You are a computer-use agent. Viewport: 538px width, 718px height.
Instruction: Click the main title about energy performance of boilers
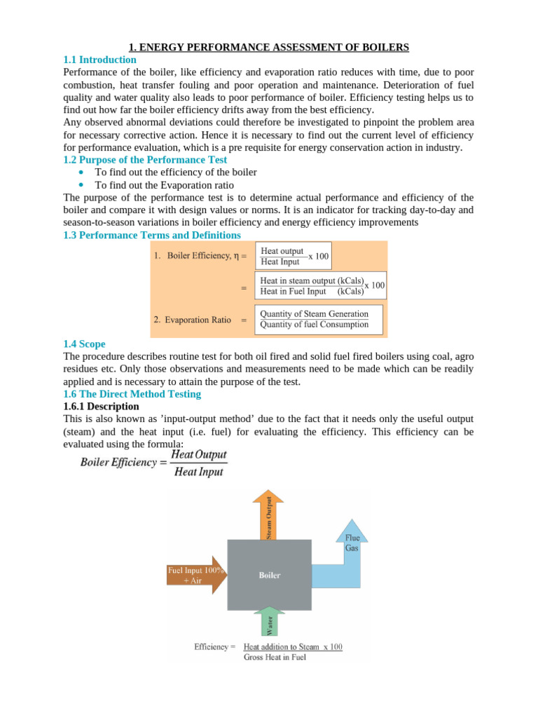(268, 47)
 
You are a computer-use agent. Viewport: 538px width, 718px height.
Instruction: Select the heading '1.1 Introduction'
(99, 60)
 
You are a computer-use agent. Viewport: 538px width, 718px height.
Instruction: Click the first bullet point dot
(83, 172)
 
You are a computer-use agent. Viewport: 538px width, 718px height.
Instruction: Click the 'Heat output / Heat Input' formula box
(294, 256)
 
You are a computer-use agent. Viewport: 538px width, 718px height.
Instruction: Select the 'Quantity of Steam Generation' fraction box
(314, 319)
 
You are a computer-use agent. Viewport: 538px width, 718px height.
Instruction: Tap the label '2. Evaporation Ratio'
(192, 320)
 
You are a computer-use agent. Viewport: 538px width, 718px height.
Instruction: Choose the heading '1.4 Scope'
(84, 344)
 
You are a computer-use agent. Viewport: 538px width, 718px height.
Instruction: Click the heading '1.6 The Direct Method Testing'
(132, 394)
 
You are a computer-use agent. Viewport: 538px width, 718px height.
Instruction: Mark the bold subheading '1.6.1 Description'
(101, 406)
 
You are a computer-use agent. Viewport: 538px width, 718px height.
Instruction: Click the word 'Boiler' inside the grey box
(270, 576)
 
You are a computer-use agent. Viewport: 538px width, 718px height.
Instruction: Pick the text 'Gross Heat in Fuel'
(275, 657)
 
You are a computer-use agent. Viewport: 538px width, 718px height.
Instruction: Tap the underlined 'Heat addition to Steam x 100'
(292, 646)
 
